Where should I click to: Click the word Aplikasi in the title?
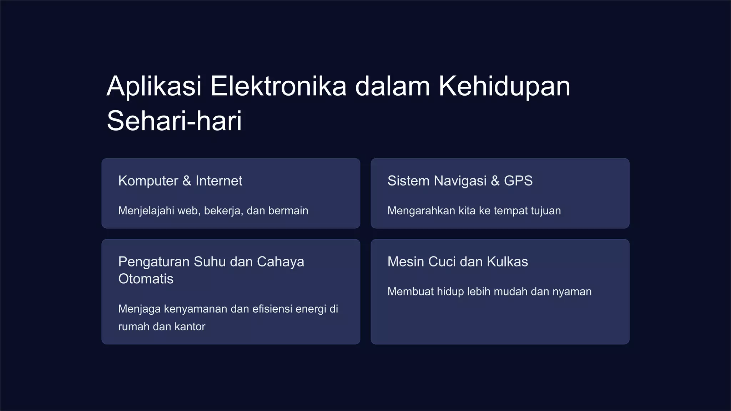point(154,86)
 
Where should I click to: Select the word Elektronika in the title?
point(278,86)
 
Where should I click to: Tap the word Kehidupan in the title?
point(504,86)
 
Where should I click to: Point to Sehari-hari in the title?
point(174,121)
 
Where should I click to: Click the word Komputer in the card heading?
point(148,181)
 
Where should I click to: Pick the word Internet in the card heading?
point(219,181)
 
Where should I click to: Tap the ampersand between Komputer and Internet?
point(187,181)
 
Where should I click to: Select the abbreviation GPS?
point(518,181)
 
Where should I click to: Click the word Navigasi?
point(460,181)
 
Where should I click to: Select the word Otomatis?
point(146,279)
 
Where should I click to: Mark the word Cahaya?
point(281,262)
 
